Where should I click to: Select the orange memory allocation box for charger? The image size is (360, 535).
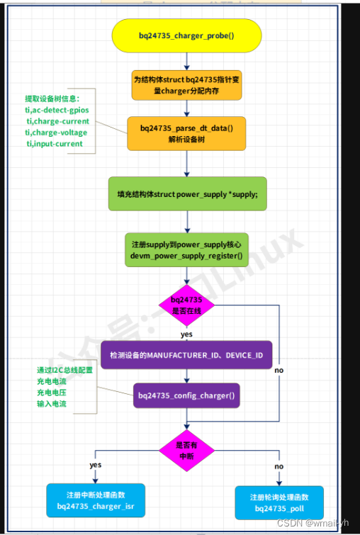pos(186,85)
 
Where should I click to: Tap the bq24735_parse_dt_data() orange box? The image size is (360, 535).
pos(186,133)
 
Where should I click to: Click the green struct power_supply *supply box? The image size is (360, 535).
pos(187,193)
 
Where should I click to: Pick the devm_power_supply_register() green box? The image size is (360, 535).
pos(186,249)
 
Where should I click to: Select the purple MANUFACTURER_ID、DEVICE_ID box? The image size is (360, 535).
pos(186,354)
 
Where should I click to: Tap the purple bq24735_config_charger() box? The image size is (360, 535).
pos(186,394)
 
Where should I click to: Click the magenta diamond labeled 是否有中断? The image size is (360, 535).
pos(186,450)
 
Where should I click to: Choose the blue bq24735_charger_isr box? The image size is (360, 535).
pos(96,502)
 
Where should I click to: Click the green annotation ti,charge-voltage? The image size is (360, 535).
pos(57,133)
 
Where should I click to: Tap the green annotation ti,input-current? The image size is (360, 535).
pos(55,144)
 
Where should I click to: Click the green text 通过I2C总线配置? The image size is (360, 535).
pos(64,371)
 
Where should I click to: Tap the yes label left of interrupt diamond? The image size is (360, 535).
pos(96,465)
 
